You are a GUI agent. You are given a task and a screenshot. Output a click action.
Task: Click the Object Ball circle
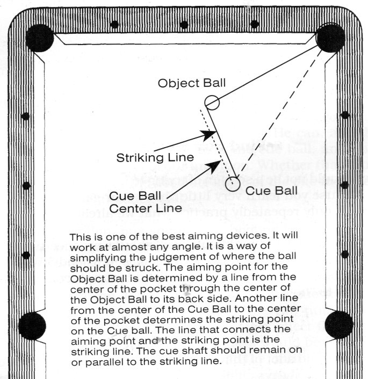pyautogui.click(x=211, y=101)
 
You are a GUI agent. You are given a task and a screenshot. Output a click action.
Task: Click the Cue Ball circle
pyautogui.click(x=232, y=184)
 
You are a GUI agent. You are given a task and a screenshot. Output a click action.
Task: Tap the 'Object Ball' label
pyautogui.click(x=192, y=84)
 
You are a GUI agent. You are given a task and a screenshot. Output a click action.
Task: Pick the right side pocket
pyautogui.click(x=339, y=324)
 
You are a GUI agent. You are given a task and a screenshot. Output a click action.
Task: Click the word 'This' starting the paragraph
pyautogui.click(x=79, y=237)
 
